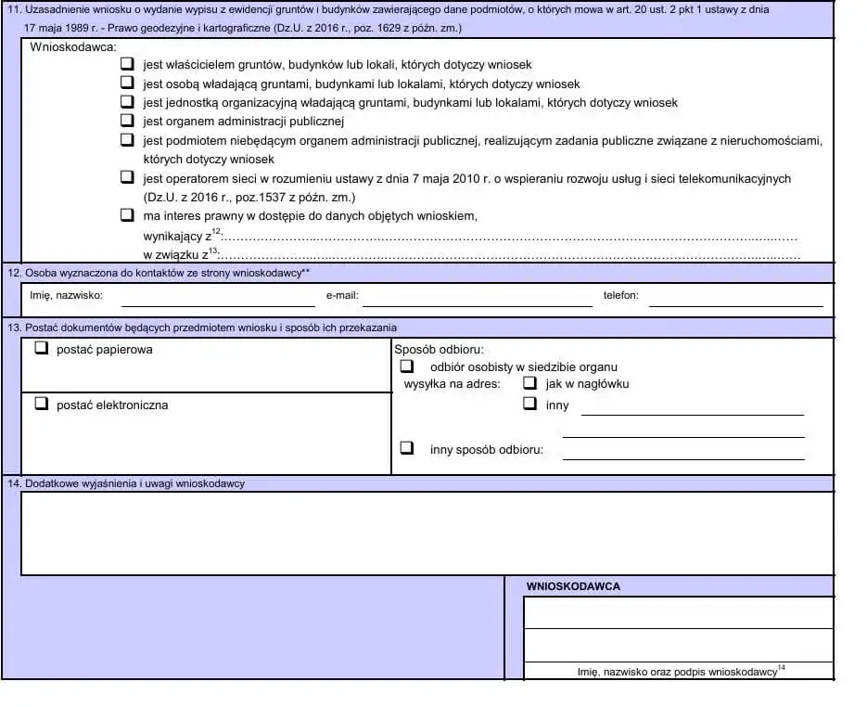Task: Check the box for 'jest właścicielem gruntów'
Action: (127, 65)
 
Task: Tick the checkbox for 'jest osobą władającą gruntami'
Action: (127, 84)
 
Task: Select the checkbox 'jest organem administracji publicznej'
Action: (127, 121)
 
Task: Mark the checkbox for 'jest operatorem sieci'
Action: (127, 177)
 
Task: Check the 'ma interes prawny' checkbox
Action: (127, 215)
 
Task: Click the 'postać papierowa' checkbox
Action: (41, 350)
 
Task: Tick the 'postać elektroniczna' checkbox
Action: (41, 405)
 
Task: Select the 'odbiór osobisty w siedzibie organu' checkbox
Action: (406, 366)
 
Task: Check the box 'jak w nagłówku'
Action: (529, 382)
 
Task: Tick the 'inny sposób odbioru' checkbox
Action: (406, 448)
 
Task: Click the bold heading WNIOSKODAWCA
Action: (573, 586)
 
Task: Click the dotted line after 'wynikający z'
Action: (510, 238)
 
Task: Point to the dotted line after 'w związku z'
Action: (510, 255)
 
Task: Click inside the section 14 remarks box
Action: (427, 533)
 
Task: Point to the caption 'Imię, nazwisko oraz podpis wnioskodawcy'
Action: (677, 672)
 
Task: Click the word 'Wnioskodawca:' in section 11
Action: (73, 45)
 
